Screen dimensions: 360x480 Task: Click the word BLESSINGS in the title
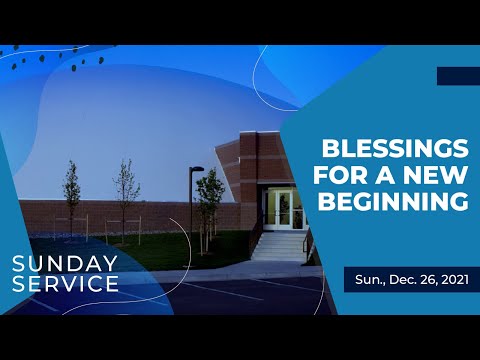pyautogui.click(x=394, y=150)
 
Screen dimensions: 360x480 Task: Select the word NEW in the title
pyautogui.click(x=438, y=177)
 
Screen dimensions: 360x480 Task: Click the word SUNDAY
pyautogui.click(x=66, y=264)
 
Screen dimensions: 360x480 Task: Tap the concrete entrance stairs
pyautogui.click(x=279, y=244)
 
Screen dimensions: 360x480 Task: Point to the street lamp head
pyautogui.click(x=197, y=169)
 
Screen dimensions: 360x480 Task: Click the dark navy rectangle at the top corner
pyautogui.click(x=458, y=76)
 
